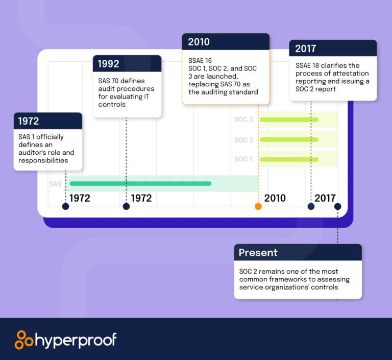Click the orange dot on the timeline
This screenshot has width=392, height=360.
258,206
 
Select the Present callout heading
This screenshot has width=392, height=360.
258,252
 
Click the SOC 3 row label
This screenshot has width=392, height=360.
243,120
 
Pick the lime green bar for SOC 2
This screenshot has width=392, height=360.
289,139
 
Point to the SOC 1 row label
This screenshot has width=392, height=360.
243,159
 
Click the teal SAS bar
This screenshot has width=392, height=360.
140,183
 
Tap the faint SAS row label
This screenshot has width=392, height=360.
56,184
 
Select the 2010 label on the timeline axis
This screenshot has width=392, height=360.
275,198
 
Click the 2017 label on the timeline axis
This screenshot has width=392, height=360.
325,198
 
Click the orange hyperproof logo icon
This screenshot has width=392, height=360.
24,340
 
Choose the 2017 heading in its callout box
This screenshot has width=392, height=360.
306,49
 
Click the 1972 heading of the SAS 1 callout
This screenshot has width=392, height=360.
29,121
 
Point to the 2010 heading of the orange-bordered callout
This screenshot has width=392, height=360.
199,42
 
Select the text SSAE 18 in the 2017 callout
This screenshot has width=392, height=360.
308,66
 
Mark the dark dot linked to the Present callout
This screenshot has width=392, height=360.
337,206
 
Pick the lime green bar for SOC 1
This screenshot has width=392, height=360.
289,159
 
